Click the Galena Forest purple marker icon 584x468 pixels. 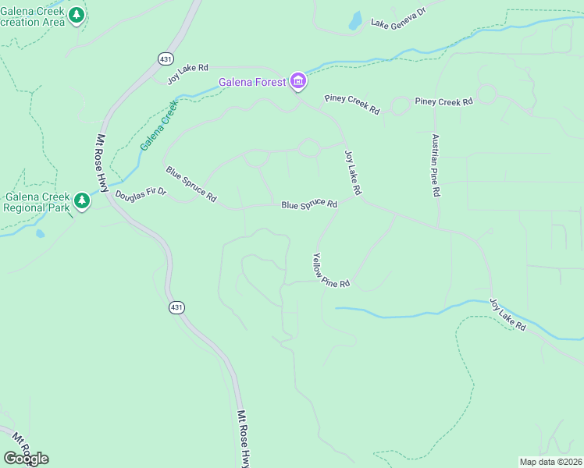297,80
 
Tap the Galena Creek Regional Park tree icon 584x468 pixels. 82,200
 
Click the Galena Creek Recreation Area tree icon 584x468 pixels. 76,15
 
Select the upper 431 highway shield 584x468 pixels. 165,59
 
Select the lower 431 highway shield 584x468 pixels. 177,307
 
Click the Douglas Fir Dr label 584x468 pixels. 141,194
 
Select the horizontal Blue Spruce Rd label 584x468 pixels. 309,204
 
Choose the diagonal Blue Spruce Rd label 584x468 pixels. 191,184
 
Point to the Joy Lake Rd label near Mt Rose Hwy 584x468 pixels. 188,73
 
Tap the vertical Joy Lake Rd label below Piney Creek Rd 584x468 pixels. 353,173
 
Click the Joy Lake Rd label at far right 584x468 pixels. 507,314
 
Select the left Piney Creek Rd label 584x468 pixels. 352,105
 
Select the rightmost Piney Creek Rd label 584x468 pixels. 443,101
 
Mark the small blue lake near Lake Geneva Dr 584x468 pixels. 354,21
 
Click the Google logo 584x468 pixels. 26,459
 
